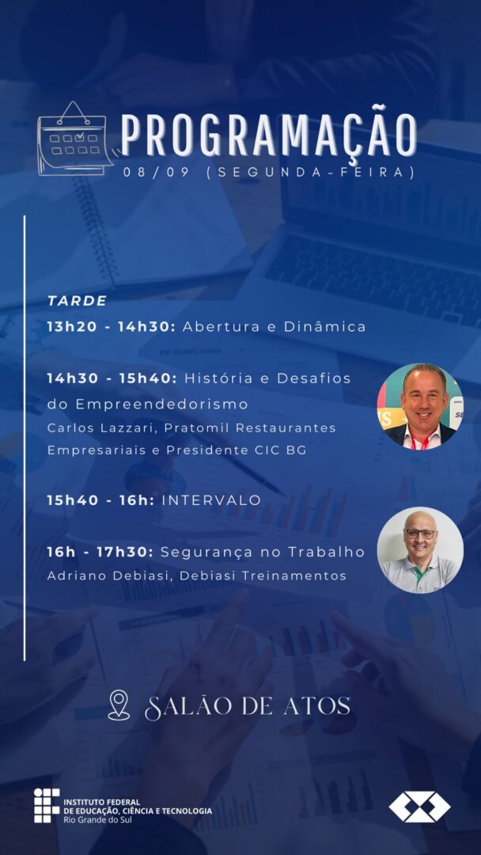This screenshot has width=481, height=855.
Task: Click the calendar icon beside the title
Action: [x=75, y=139]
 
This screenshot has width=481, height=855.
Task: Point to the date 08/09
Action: [x=157, y=173]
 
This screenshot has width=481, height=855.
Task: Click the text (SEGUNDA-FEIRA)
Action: [x=311, y=173]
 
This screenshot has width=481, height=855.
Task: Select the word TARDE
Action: [x=77, y=301]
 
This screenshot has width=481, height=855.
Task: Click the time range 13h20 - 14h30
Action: [x=111, y=327]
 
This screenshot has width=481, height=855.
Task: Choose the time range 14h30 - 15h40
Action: [x=112, y=378]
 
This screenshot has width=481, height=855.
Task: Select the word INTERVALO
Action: [x=212, y=500]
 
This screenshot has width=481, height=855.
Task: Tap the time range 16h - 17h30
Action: [x=100, y=552]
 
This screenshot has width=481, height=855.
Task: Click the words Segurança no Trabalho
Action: [x=263, y=553]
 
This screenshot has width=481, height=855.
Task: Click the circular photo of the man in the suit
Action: [x=421, y=405]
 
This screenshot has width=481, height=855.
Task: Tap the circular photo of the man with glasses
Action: [x=421, y=550]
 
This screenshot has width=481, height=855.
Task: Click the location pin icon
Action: [x=119, y=705]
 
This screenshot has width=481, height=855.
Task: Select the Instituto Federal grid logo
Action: [x=47, y=805]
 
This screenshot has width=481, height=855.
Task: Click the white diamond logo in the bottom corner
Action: [x=419, y=807]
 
